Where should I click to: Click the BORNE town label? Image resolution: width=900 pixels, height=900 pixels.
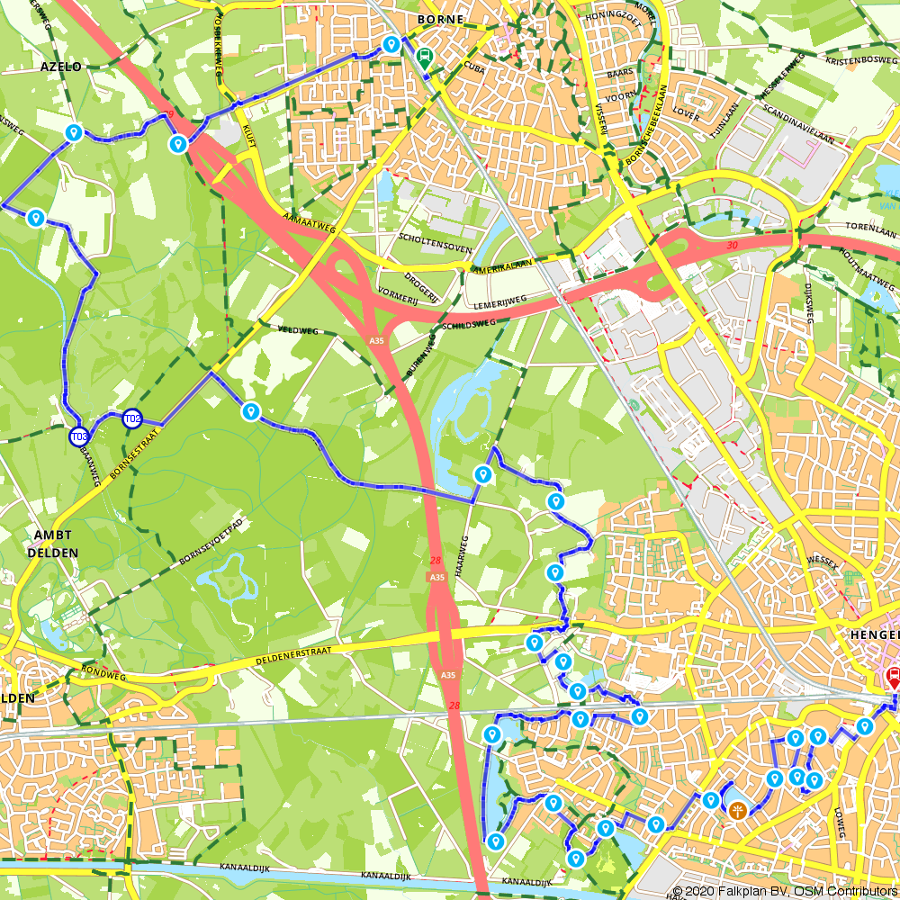(441, 19)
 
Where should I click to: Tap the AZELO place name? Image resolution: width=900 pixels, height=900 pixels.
(60, 67)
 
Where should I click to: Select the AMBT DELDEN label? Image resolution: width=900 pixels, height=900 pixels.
(56, 544)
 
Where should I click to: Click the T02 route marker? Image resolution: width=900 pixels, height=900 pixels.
(132, 418)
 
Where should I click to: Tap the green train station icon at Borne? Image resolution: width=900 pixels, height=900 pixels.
(423, 57)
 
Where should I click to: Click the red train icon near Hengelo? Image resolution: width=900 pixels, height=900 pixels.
(895, 677)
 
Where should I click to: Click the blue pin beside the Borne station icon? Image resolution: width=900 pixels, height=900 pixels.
(391, 44)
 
